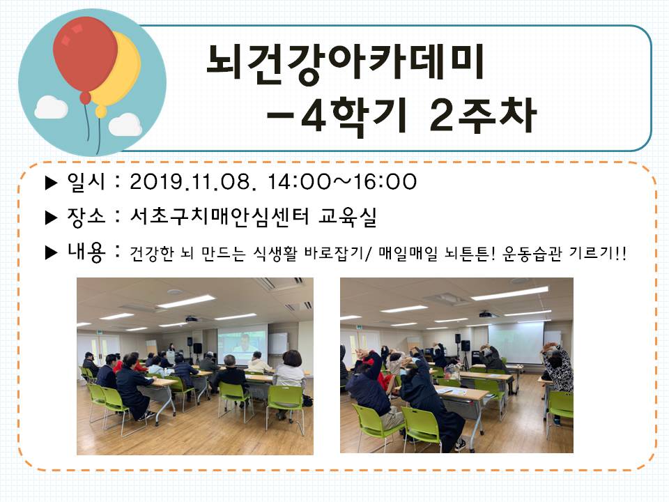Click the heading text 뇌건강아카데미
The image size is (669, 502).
click(345, 63)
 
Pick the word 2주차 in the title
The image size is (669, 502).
click(483, 114)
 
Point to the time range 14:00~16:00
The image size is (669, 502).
click(342, 182)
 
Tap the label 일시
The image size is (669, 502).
click(85, 182)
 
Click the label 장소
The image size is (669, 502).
click(85, 217)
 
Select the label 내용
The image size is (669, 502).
click(86, 252)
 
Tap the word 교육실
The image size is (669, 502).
click(347, 217)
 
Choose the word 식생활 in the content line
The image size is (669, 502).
click(275, 254)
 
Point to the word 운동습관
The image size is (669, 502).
click(532, 254)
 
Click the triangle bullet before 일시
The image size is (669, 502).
click(51, 183)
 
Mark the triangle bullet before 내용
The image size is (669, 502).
click(51, 252)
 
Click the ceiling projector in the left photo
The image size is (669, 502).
click(192, 319)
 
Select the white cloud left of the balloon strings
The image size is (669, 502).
click(51, 107)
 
